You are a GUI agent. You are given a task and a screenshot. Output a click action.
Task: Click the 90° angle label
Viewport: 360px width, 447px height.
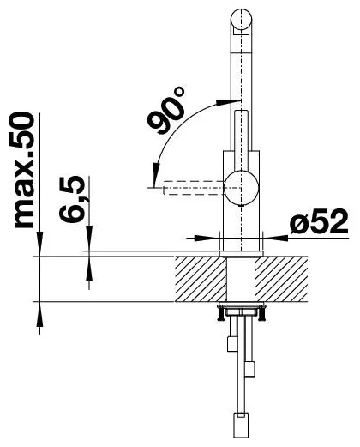pos(166,110)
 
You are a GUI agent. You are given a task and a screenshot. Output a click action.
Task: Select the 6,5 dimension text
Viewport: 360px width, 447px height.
pos(72,199)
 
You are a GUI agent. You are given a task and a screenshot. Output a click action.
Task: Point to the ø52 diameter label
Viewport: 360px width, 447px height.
pos(319,221)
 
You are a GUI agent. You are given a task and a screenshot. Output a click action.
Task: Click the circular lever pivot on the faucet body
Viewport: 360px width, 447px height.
pos(242,188)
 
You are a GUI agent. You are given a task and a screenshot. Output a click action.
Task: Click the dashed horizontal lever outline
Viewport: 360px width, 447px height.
pos(193,188)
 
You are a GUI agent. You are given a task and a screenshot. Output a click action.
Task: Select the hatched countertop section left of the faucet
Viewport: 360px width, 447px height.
pos(201,279)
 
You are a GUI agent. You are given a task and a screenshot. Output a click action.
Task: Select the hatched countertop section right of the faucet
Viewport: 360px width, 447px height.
pos(281,279)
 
